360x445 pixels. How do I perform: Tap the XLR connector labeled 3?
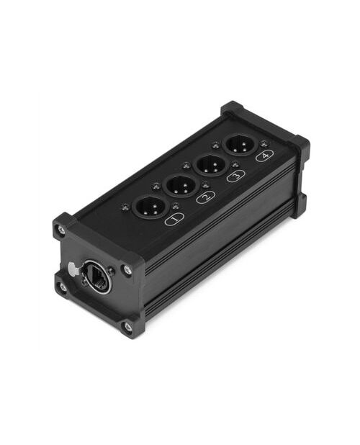pyautogui.click(x=210, y=166)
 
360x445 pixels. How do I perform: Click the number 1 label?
pyautogui.click(x=174, y=219)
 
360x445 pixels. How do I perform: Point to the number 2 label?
pyautogui.click(x=206, y=197)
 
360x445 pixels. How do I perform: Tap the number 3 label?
pyautogui.click(x=235, y=175)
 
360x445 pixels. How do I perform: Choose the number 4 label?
pyautogui.click(x=264, y=156)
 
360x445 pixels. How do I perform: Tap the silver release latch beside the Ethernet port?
pyautogui.click(x=72, y=268)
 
